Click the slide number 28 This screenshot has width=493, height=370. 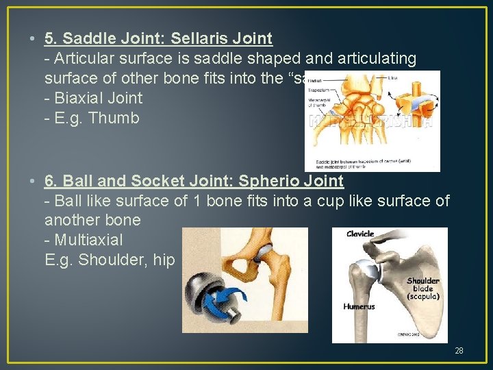(x=459, y=351)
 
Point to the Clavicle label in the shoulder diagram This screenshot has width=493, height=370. (x=360, y=234)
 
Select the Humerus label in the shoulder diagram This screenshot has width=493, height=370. (x=359, y=306)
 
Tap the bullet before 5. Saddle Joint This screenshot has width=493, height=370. (x=34, y=39)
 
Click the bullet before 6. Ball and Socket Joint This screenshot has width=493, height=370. (x=34, y=181)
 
